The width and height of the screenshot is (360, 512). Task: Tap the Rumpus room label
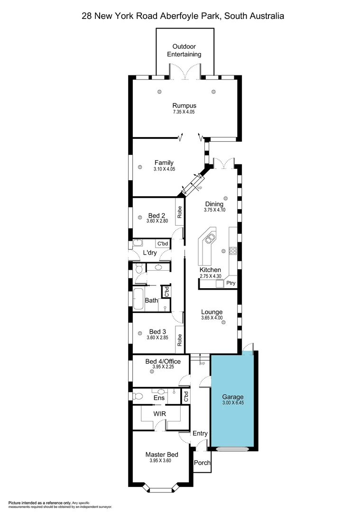[184, 105]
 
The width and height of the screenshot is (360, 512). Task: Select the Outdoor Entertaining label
[186, 50]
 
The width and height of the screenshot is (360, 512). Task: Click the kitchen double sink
[209, 236]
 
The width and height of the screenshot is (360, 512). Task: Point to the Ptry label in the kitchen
[231, 283]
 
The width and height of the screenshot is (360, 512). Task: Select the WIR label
[159, 413]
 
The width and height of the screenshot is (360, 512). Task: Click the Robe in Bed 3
[180, 339]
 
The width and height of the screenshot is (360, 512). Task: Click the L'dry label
[150, 253]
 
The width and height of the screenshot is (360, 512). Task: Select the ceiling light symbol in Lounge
[223, 322]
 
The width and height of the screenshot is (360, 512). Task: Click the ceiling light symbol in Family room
[140, 166]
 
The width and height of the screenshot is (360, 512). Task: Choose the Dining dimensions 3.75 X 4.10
[214, 210]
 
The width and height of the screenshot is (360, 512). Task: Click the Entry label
[200, 433]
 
